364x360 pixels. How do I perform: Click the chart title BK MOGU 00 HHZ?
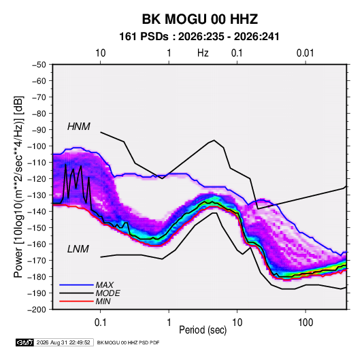coord(200,19)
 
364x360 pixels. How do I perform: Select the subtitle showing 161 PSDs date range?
coord(199,37)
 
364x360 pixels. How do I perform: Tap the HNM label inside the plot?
coord(79,127)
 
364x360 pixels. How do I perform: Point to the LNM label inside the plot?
coord(78,249)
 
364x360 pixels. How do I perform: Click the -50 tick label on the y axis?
coord(39,65)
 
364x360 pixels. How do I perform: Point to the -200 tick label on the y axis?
coord(37,310)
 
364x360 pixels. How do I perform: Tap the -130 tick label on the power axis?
coord(37,195)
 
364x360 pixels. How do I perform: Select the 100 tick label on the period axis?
coord(305,323)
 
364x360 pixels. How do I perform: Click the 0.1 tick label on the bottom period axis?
coord(100,323)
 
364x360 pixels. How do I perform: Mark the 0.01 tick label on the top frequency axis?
coord(305,53)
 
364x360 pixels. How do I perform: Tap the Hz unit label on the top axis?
coord(203,53)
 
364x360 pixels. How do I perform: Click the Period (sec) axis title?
coord(203,330)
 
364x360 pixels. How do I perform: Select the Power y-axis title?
coord(18,187)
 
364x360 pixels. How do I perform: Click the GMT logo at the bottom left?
coord(25,342)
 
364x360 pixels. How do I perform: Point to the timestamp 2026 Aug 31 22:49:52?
coord(63,342)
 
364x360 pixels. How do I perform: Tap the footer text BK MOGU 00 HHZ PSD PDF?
coord(128,342)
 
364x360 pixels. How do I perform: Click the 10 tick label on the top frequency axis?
coord(101,53)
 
